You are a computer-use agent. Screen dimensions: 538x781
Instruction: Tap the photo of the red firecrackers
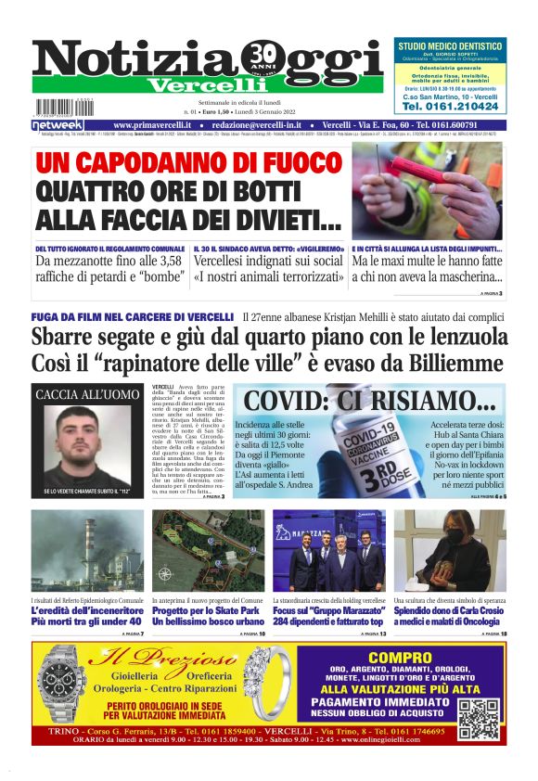point(428,190)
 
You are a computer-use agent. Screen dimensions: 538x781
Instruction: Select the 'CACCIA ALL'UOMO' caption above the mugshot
point(88,395)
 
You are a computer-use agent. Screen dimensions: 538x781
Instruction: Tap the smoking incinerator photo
point(88,551)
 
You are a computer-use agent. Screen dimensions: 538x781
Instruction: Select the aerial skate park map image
point(208,551)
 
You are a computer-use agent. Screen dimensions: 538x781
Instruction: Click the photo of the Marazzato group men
point(328,551)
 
